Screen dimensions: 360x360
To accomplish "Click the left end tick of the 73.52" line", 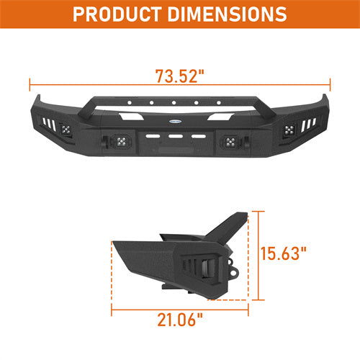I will coord(30,84).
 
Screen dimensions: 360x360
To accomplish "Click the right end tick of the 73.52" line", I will coord(330,84).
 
